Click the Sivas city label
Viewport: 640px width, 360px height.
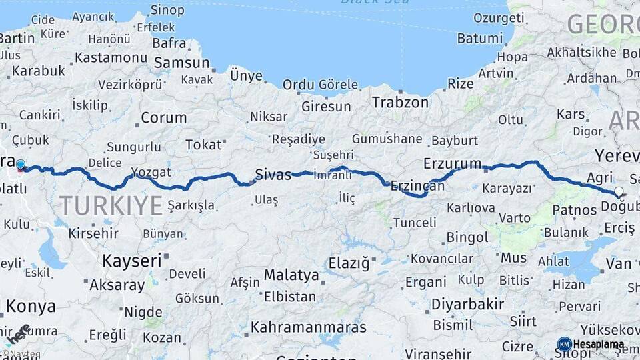coord(273,175)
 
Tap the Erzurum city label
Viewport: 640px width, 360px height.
coord(452,163)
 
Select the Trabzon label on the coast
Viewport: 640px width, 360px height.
coord(400,103)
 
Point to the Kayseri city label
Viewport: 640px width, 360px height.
coord(132,260)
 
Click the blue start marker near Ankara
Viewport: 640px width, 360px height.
coord(21,165)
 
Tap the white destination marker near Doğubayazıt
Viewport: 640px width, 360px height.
coord(619,192)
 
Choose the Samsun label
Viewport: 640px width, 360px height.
coord(181,63)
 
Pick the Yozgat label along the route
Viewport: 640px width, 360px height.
coord(152,173)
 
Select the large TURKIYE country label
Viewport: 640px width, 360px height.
coord(111,205)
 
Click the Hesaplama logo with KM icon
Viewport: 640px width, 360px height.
coord(591,345)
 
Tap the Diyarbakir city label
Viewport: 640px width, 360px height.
coord(465,305)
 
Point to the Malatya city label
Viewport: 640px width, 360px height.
coord(291,275)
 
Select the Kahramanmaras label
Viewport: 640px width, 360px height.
coord(308,327)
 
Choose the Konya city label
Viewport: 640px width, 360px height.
coord(31,307)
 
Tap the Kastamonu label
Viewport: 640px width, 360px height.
coord(111,57)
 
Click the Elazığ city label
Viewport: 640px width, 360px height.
coord(349,263)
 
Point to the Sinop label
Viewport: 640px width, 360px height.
coord(167,9)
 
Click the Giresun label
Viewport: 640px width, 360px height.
coord(326,106)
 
